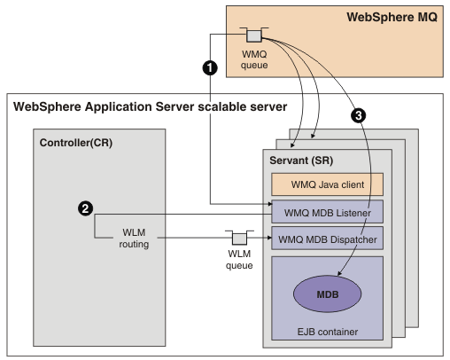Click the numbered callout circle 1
pos(210,68)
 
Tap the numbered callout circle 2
pos(85,208)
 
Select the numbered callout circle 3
pos(359,115)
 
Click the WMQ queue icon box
pos(254,36)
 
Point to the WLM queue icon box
pos(239,239)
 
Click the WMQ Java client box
pos(328,184)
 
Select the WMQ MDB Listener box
pos(328,212)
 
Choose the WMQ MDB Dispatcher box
pos(328,239)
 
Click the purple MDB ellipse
pos(328,293)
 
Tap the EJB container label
pos(328,332)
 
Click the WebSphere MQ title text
pos(392,17)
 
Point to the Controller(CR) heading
pos(76,143)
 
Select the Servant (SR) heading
pos(301,160)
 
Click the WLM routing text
pos(134,239)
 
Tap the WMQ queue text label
pos(254,59)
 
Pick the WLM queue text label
pos(239,260)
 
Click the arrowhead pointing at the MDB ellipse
pos(340,273)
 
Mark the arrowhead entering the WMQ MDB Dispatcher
pos(269,238)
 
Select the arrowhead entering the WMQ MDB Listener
pos(269,204)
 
